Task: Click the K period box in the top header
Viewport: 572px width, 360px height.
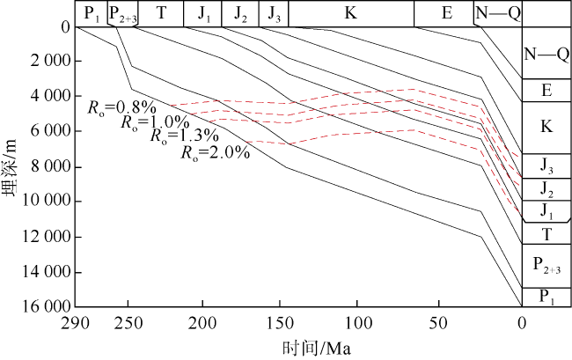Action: (351, 13)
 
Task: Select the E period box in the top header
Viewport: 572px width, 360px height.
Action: (446, 13)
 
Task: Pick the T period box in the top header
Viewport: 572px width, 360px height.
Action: (160, 13)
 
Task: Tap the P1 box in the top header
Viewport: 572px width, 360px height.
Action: (90, 13)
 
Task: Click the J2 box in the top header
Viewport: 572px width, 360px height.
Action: (240, 13)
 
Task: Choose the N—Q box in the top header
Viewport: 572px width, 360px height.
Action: (497, 13)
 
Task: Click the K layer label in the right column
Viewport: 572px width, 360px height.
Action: (546, 127)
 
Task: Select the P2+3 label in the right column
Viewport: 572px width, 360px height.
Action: (546, 264)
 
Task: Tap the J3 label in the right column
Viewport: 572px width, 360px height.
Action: (546, 165)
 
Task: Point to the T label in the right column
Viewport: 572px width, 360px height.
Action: (546, 233)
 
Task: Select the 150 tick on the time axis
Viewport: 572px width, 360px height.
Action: (281, 322)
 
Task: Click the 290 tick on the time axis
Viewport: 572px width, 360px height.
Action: (76, 322)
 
